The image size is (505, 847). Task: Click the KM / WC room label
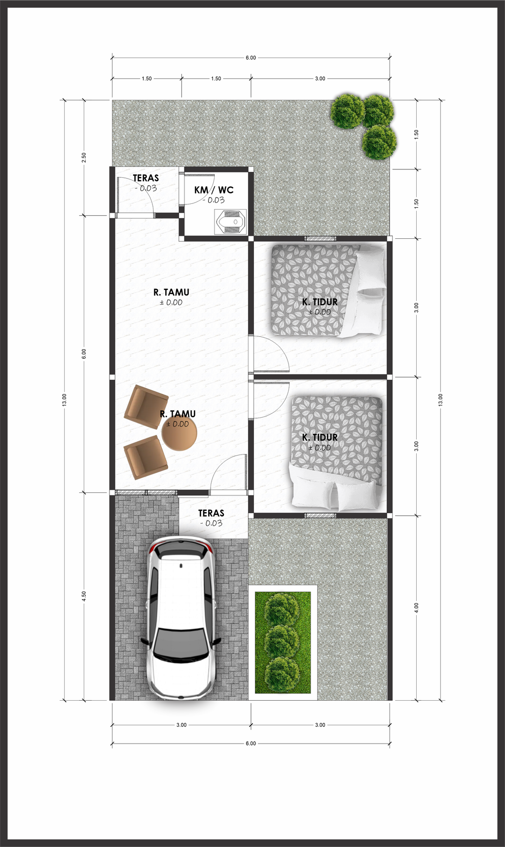pos(214,190)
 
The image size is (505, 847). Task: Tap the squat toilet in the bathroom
pos(231,222)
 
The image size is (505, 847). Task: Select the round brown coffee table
pos(179,433)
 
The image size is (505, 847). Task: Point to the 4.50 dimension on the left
pos(84,596)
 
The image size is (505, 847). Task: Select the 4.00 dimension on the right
pos(416,608)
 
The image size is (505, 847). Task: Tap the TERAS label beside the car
pos(211,513)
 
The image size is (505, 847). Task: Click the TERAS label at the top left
pos(145,178)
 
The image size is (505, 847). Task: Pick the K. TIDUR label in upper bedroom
pos(320,302)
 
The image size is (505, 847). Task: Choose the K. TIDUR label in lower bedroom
pos(320,437)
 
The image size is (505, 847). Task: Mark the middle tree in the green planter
pos(282,641)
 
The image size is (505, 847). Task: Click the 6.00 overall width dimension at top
pos(251,58)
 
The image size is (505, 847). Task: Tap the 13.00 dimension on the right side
pos(440,400)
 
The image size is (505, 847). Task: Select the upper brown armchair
pos(146,407)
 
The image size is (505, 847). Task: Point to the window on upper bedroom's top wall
pos(320,239)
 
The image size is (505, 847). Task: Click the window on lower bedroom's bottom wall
pos(320,516)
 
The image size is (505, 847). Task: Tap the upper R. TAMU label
pos(171,292)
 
